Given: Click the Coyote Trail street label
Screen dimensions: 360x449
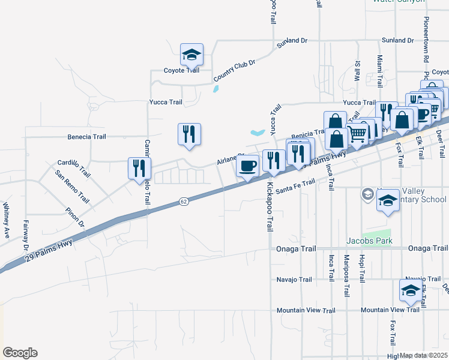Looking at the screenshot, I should coord(181,70).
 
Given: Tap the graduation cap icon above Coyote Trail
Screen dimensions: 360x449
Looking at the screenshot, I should coord(192,55).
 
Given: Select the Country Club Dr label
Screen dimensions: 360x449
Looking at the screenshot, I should coord(234,70).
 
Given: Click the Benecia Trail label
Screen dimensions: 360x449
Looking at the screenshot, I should coord(86,137).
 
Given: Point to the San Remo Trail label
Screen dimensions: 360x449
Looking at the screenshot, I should coord(71,187).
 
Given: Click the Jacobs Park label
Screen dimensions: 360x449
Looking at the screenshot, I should coord(369,241).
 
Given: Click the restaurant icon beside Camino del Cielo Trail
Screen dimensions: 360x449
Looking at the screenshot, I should coord(139,168).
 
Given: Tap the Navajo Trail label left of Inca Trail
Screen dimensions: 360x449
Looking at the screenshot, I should coord(294,280).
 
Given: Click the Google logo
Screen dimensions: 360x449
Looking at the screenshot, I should coord(20,353).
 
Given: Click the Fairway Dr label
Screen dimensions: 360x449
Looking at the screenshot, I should coord(26,235).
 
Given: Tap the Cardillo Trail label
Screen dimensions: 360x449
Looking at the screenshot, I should coord(73,168).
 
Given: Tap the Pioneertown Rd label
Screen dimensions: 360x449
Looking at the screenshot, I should coord(426,40).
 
